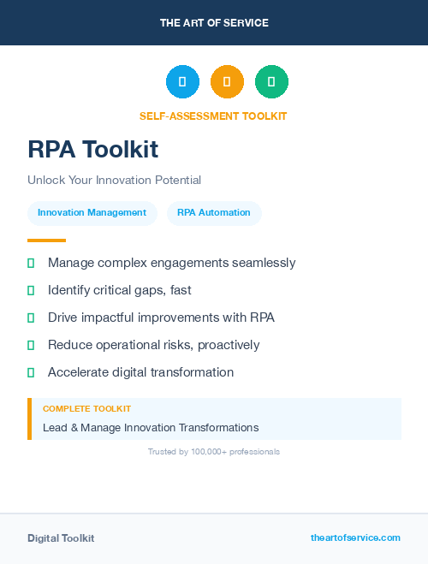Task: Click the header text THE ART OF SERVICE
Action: (x=214, y=23)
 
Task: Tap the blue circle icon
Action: (x=182, y=82)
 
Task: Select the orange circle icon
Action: (x=227, y=82)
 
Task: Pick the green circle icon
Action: (x=271, y=82)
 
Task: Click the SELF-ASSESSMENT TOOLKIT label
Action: (x=213, y=116)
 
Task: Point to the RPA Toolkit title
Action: (x=92, y=149)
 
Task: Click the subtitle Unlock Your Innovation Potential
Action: (x=114, y=181)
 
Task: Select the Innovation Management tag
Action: (x=92, y=213)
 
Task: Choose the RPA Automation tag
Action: (x=214, y=213)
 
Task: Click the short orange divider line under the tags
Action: (x=46, y=240)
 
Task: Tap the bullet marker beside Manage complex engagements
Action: (x=31, y=263)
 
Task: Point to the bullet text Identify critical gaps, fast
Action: (x=119, y=290)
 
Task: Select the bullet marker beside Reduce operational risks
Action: (x=31, y=345)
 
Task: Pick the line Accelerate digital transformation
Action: (x=140, y=372)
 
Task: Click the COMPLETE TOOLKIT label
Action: (x=86, y=409)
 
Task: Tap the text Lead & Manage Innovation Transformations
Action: (x=151, y=427)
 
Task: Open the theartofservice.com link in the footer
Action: (x=355, y=537)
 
